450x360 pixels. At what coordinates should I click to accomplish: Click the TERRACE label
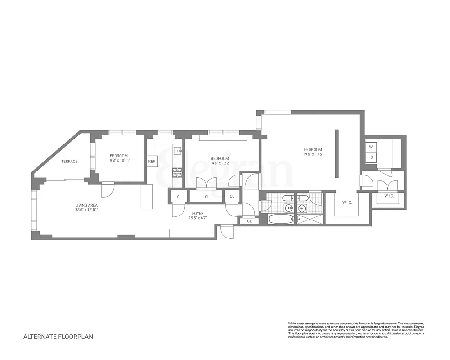point(69,162)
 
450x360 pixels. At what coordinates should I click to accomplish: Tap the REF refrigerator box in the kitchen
point(151,162)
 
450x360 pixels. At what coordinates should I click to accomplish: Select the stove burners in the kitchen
point(177,171)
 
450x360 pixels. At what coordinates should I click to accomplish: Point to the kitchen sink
point(177,150)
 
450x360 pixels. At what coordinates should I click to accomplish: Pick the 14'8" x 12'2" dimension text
point(220,163)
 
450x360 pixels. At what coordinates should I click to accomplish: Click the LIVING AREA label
point(86,206)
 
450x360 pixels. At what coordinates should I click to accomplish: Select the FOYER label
point(198,214)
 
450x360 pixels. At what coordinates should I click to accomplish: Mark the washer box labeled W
point(371,147)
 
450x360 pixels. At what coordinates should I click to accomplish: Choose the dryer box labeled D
point(371,157)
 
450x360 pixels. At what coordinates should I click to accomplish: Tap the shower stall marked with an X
point(310,220)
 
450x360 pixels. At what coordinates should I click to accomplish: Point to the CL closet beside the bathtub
point(249,221)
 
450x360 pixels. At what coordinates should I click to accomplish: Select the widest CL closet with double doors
point(207,197)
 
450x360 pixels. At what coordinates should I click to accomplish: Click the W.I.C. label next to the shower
point(346,202)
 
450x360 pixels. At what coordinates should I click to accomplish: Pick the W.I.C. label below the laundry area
point(389,196)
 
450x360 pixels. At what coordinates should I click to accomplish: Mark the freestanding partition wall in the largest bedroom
point(337,154)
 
